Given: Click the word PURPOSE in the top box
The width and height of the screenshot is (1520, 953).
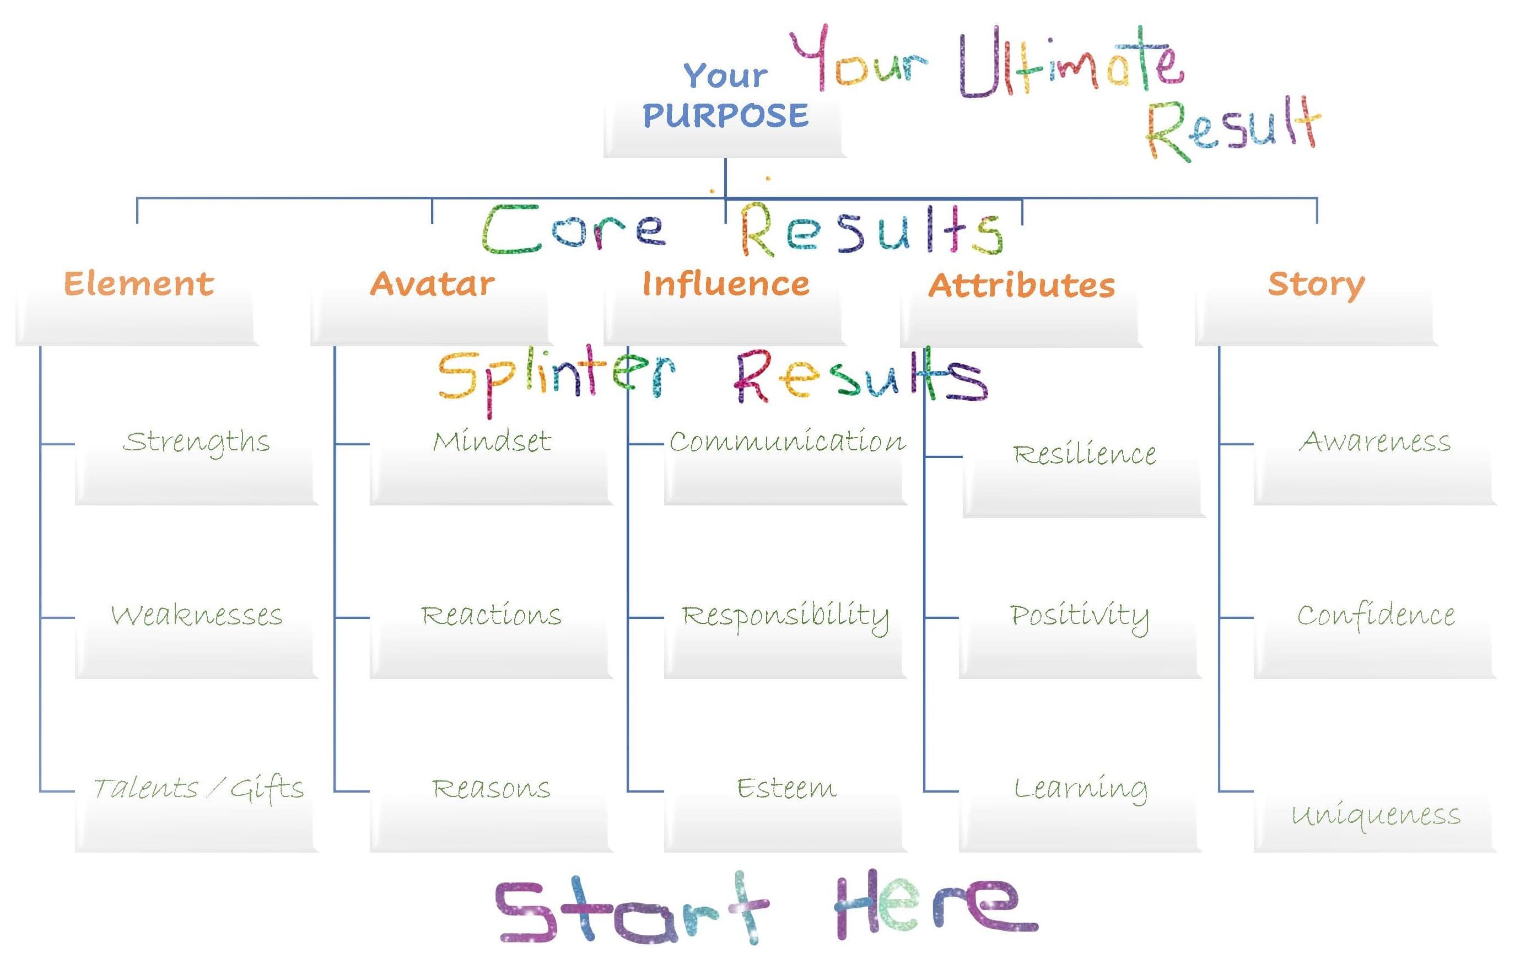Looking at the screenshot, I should click(725, 115).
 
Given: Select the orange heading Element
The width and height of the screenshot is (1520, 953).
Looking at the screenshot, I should click(139, 284).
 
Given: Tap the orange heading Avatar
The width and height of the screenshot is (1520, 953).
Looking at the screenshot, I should click(432, 284).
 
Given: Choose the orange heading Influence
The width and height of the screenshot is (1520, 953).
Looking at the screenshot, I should click(725, 284).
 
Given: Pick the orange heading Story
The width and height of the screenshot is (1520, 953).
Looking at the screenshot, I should click(1316, 284).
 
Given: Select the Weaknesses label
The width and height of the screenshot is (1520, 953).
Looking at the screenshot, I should click(196, 615).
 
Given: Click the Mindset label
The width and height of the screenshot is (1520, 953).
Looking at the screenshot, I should click(492, 441).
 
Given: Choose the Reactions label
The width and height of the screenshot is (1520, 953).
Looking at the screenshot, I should click(491, 615).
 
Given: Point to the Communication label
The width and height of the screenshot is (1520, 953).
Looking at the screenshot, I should click(786, 441).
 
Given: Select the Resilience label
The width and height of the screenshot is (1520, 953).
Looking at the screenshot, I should click(1084, 454).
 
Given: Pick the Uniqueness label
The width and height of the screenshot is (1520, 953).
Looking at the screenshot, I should click(1376, 815).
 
